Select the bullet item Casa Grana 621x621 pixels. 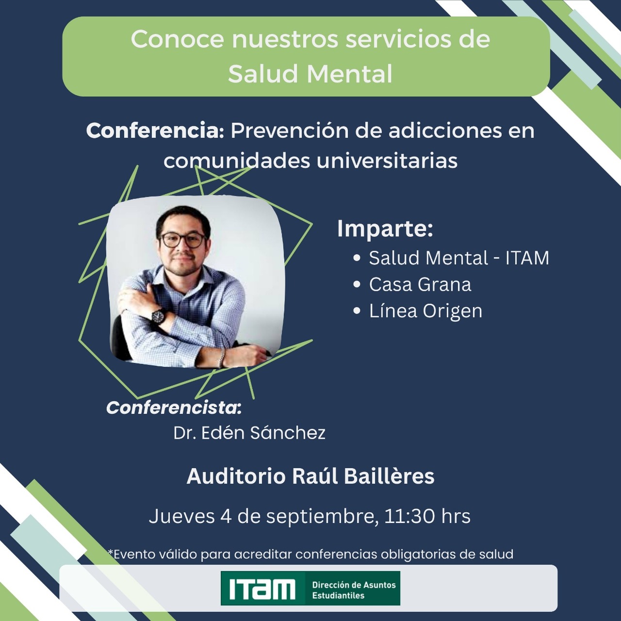tap(420, 285)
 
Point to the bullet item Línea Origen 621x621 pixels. tap(425, 311)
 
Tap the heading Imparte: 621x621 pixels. tap(385, 229)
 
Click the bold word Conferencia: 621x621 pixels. tap(155, 131)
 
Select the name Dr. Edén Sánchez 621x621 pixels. tap(249, 433)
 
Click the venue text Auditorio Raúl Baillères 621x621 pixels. tap(310, 476)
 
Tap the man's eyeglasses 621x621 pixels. tap(182, 240)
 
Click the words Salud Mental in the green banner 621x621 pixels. tap(310, 74)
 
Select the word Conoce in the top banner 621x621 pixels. tap(177, 39)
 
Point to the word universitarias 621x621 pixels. tap(387, 161)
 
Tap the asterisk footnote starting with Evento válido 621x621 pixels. tap(310, 554)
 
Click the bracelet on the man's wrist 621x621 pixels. tap(222, 358)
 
